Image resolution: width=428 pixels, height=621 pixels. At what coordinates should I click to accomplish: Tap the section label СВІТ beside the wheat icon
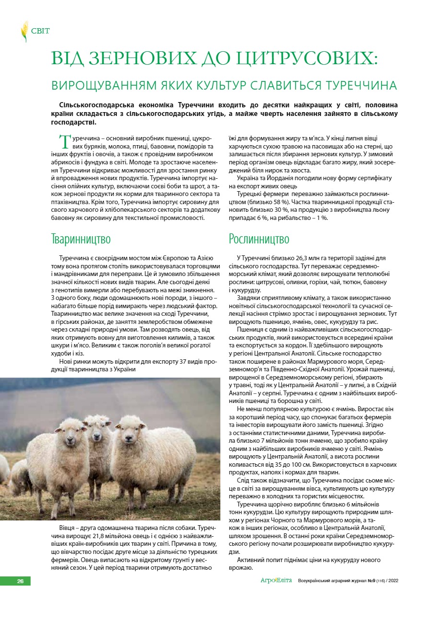click(x=40, y=31)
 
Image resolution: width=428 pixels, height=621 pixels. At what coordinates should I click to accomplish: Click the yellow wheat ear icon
click(x=24, y=31)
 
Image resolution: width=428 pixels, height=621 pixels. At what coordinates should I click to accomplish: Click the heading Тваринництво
click(x=81, y=239)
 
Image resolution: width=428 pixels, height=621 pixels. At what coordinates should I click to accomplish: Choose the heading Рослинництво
click(x=259, y=239)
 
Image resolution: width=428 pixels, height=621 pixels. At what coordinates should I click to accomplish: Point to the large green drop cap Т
click(x=64, y=142)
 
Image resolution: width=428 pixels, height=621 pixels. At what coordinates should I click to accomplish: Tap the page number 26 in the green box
click(x=20, y=581)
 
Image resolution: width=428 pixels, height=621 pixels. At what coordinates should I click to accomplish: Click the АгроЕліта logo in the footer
click(x=276, y=581)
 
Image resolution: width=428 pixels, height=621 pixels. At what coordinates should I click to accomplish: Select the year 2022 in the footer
click(x=392, y=581)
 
